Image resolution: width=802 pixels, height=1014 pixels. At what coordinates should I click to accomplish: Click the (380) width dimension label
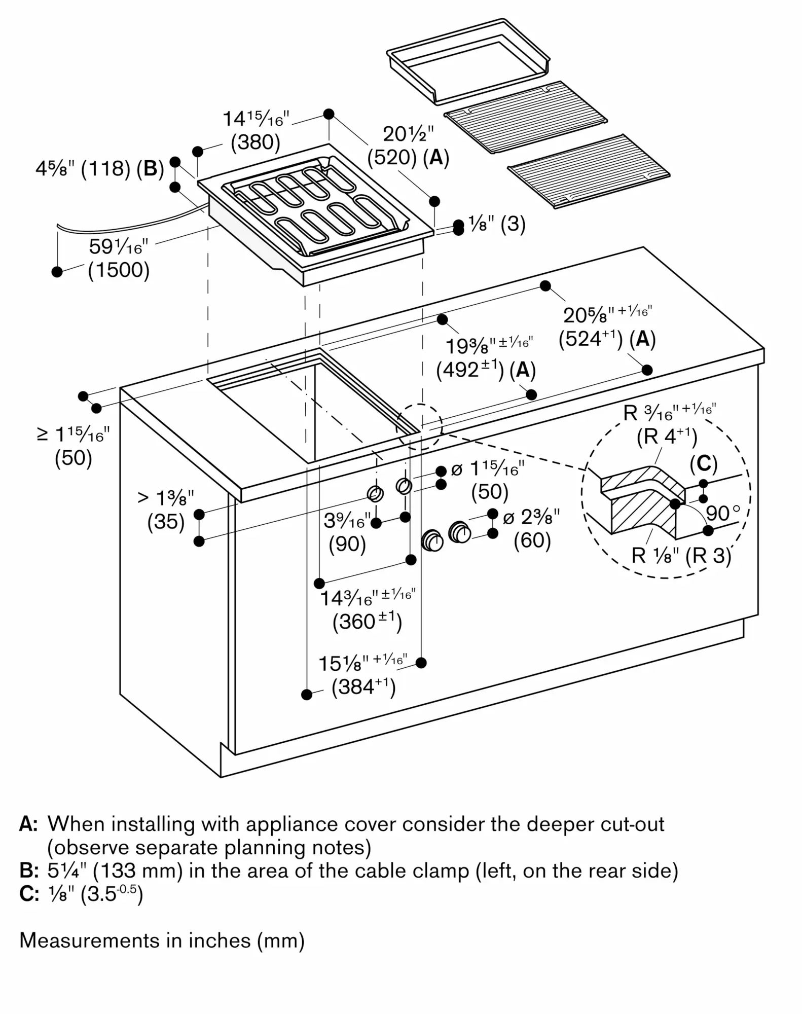pyautogui.click(x=256, y=142)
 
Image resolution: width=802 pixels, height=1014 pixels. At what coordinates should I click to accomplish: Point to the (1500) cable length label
pyautogui.click(x=119, y=270)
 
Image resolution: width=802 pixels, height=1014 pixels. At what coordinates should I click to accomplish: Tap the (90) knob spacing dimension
pyautogui.click(x=347, y=544)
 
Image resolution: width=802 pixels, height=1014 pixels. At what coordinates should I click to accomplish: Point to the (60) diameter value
pyautogui.click(x=532, y=540)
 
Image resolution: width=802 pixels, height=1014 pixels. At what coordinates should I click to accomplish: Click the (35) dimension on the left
pyautogui.click(x=166, y=522)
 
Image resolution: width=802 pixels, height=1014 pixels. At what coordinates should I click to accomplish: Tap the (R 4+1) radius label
pyautogui.click(x=667, y=437)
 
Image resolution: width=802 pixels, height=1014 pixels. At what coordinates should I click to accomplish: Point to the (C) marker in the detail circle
pyautogui.click(x=704, y=463)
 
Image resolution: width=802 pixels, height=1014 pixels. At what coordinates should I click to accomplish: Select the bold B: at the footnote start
pyautogui.click(x=28, y=871)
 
